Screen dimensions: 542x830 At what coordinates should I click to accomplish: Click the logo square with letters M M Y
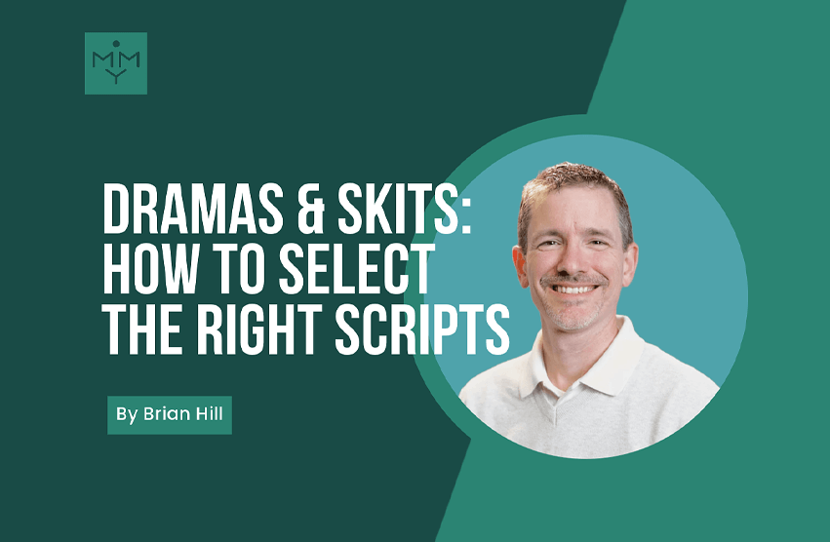pyautogui.click(x=116, y=63)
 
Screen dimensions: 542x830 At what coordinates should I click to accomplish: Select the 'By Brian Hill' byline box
pyautogui.click(x=170, y=414)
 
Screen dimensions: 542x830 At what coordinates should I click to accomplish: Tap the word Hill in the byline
pyautogui.click(x=209, y=414)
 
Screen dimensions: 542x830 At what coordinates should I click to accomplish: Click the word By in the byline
pyautogui.click(x=127, y=414)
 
